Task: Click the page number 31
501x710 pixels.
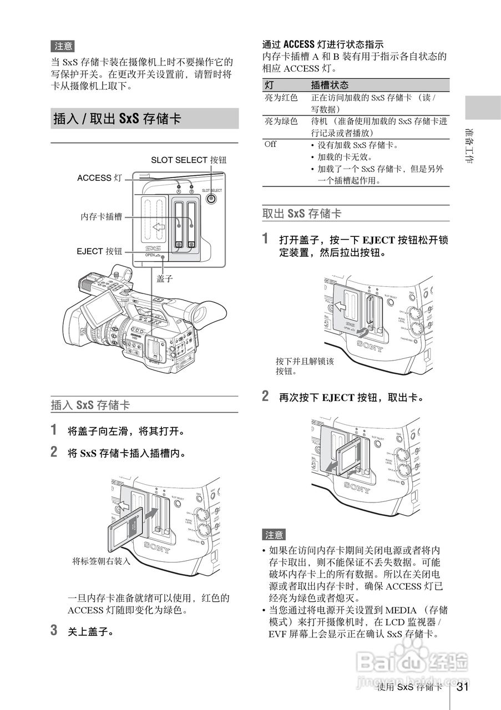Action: pyautogui.click(x=463, y=687)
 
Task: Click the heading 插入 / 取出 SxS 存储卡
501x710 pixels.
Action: pyautogui.click(x=117, y=119)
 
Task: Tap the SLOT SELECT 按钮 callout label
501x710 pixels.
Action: pyautogui.click(x=189, y=160)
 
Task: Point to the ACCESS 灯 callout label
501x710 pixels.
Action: pyautogui.click(x=99, y=178)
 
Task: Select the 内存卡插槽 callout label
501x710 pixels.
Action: pyautogui.click(x=101, y=217)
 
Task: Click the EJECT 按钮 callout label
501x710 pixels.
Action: pyautogui.click(x=99, y=251)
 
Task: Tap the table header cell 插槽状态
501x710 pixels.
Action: pyautogui.click(x=330, y=85)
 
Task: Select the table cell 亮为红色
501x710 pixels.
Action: pyautogui.click(x=281, y=98)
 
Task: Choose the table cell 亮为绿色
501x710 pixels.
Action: pyautogui.click(x=281, y=121)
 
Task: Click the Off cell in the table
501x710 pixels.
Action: pyautogui.click(x=270, y=144)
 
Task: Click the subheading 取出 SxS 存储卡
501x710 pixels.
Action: pyautogui.click(x=302, y=214)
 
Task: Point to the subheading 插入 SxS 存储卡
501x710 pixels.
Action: pyautogui.click(x=90, y=405)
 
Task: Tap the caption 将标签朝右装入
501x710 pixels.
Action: pyautogui.click(x=101, y=561)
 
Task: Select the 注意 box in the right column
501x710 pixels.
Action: pyautogui.click(x=274, y=535)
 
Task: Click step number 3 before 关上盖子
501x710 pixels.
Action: pyautogui.click(x=54, y=630)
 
